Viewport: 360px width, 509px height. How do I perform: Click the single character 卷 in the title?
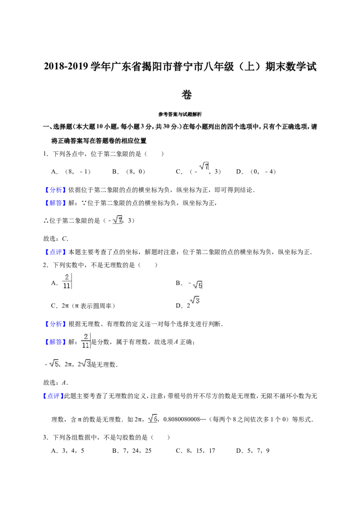click(x=186, y=94)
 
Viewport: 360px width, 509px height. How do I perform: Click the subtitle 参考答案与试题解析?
click(x=180, y=114)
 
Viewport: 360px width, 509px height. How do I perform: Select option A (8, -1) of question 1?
click(x=71, y=172)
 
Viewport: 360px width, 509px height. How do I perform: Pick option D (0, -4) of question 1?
click(x=256, y=172)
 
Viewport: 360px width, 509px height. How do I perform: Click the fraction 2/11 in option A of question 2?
click(x=67, y=281)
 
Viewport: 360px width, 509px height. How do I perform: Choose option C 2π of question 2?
click(x=83, y=306)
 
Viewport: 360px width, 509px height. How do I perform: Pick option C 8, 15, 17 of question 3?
click(x=196, y=451)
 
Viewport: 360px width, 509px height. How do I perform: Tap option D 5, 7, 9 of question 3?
click(x=253, y=451)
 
